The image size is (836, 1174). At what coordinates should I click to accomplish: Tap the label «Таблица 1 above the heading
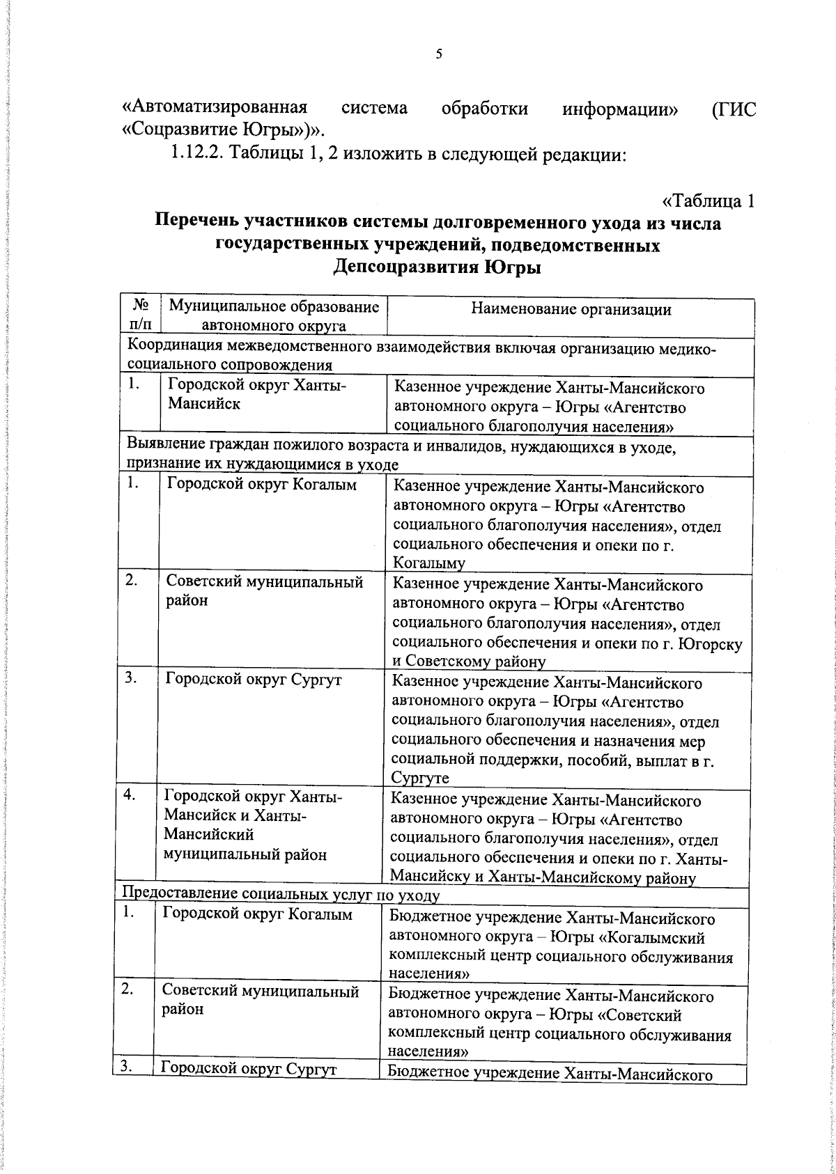[708, 201]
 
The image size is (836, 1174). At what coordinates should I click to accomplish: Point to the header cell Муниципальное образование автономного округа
[274, 315]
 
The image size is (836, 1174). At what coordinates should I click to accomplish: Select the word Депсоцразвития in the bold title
[403, 267]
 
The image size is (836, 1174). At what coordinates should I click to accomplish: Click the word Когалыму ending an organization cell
[428, 563]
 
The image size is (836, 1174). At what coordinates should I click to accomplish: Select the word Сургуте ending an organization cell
[419, 778]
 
